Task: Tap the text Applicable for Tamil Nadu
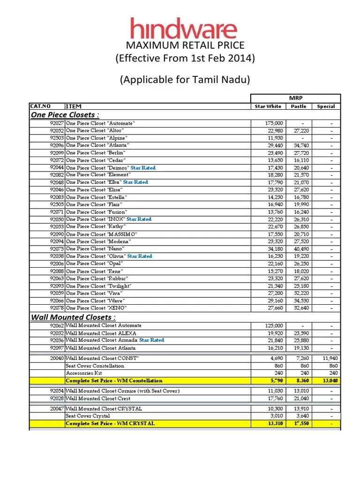pyautogui.click(x=185, y=80)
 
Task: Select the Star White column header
pyautogui.click(x=268, y=106)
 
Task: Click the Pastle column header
pyautogui.click(x=299, y=106)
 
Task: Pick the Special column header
pyautogui.click(x=326, y=106)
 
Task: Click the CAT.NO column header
pyautogui.click(x=41, y=106)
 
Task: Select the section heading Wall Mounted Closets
pyautogui.click(x=66, y=317)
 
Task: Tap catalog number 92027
pyautogui.click(x=57, y=123)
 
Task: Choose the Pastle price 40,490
pyautogui.click(x=301, y=249)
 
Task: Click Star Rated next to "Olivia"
pyautogui.click(x=140, y=256)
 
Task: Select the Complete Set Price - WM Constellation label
pyautogui.click(x=114, y=381)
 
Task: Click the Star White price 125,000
pyautogui.click(x=274, y=325)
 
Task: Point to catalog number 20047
pyautogui.click(x=57, y=409)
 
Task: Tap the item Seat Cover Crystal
pyautogui.click(x=88, y=416)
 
